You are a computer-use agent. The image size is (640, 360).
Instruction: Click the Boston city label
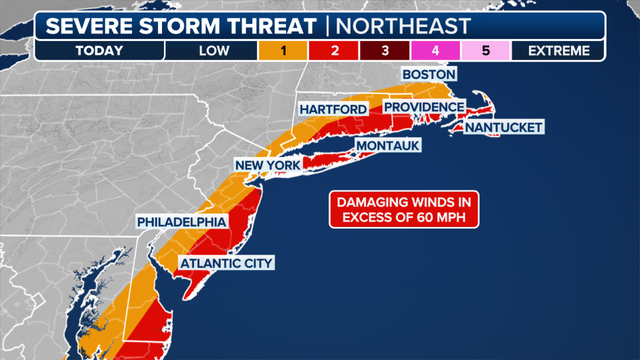pyautogui.click(x=429, y=75)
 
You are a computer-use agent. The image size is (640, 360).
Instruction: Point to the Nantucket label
pyautogui.click(x=504, y=128)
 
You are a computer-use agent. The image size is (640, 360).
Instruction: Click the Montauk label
pyautogui.click(x=385, y=146)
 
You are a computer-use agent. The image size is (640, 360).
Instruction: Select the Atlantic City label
pyautogui.click(x=225, y=264)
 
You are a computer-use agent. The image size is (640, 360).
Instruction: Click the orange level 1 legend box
pyautogui.click(x=284, y=50)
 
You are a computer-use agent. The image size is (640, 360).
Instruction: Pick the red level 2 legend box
pyautogui.click(x=335, y=50)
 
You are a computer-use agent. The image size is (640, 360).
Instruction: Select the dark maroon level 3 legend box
pyautogui.click(x=385, y=50)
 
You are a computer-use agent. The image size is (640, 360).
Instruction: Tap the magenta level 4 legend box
pyautogui.click(x=435, y=50)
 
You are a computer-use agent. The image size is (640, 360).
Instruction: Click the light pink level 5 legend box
pyautogui.click(x=485, y=50)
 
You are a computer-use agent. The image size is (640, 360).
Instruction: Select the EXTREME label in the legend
pyautogui.click(x=558, y=50)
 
